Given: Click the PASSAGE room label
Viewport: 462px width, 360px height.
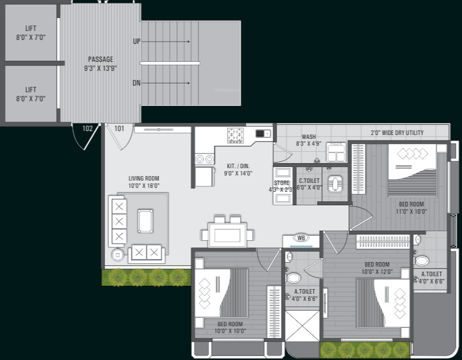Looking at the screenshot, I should coord(101,64).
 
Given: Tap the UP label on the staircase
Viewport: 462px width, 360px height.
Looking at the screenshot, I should coord(137,41).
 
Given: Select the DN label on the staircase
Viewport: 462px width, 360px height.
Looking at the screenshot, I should coord(137,83).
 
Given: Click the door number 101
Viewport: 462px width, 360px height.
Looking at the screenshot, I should coord(119,128).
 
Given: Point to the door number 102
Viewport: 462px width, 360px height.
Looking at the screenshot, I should coord(87,128).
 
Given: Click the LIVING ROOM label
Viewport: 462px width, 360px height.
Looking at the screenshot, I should coord(144,182).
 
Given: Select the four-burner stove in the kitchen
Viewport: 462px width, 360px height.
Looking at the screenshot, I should coord(235,135).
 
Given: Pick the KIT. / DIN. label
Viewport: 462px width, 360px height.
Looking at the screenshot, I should coord(239,170).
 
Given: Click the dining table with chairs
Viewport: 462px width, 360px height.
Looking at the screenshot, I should coord(228,232).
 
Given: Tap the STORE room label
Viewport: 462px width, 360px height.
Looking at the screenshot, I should coord(282,186).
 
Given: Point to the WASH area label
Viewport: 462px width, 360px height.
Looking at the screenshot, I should coord(309,140).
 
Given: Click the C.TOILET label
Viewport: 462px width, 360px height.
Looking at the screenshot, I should coord(309,184).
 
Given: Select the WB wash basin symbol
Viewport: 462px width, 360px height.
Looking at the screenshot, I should coord(301,238).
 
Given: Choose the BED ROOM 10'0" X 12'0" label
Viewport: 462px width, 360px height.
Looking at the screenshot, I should coord(377,268).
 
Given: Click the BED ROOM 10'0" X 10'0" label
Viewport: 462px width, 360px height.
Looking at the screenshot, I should coord(230,327).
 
